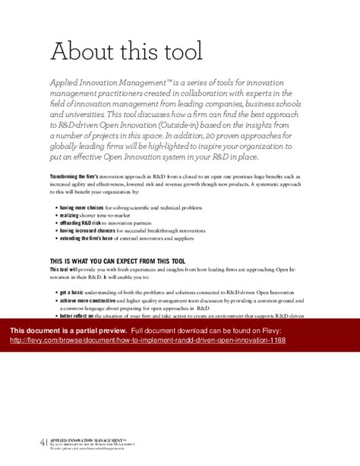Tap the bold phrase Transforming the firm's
tap(74, 176)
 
